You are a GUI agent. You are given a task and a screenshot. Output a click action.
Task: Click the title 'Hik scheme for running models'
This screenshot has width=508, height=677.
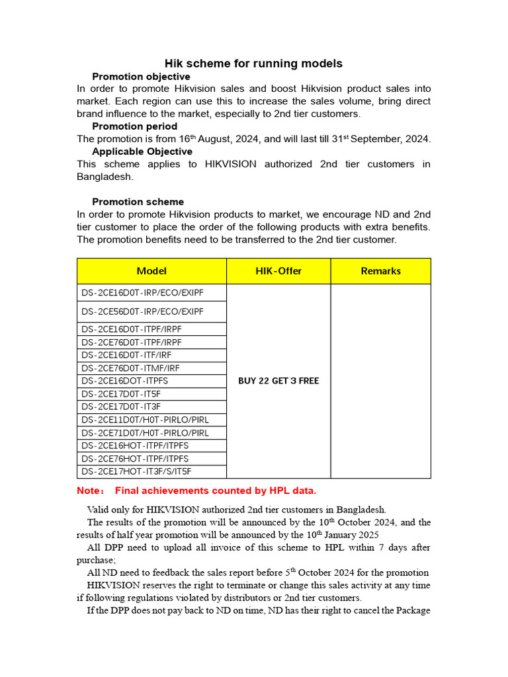(x=253, y=63)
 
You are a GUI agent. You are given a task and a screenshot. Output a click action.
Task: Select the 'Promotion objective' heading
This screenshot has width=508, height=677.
(x=141, y=77)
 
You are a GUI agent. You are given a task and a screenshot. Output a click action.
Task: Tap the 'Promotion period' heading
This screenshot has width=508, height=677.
(x=134, y=126)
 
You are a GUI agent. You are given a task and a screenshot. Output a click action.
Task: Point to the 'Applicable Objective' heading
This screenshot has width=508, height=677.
(x=142, y=151)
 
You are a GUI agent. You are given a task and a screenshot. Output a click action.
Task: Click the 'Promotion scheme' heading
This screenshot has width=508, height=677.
(x=138, y=202)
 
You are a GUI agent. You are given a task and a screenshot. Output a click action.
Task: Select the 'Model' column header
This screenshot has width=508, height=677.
(x=151, y=271)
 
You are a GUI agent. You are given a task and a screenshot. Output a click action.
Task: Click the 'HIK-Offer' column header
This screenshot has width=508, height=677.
(x=278, y=271)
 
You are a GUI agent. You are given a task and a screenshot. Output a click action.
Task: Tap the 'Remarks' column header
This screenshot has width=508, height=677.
(x=380, y=271)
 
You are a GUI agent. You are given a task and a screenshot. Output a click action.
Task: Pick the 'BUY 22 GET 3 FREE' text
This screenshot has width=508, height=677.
(x=278, y=381)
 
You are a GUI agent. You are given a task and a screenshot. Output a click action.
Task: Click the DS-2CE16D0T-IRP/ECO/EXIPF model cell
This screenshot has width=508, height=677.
(x=142, y=292)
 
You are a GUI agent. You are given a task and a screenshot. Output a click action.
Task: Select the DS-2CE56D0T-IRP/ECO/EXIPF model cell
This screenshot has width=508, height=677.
(x=142, y=311)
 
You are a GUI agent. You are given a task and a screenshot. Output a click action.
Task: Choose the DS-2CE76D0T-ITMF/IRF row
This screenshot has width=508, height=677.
(x=131, y=368)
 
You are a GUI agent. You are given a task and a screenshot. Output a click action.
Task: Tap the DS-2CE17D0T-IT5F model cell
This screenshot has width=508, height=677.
(x=121, y=394)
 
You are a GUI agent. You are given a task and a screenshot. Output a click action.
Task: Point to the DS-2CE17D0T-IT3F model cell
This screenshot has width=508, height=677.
(x=121, y=407)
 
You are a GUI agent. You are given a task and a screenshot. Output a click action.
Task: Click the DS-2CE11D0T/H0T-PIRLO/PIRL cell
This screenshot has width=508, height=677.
(x=145, y=420)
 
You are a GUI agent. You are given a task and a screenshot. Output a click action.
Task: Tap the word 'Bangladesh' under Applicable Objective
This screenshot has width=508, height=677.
(x=105, y=177)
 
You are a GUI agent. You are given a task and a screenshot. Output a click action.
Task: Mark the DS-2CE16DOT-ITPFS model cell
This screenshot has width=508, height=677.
(x=125, y=381)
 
